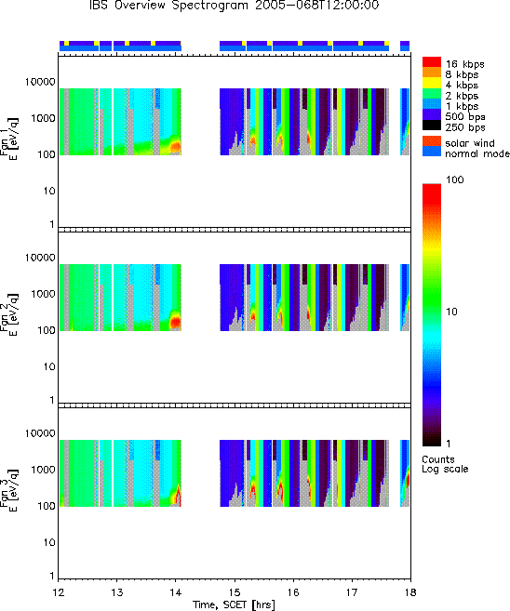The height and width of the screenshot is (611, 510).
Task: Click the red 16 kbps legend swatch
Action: pyautogui.click(x=432, y=62)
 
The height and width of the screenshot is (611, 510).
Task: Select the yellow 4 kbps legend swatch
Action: pyautogui.click(x=432, y=83)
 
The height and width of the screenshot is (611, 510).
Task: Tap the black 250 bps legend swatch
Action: pyautogui.click(x=432, y=126)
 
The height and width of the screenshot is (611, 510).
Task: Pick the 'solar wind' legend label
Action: pyautogui.click(x=470, y=143)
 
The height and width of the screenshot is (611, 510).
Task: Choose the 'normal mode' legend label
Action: pyautogui.click(x=477, y=153)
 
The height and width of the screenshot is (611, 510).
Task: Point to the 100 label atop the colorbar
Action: pyautogui.click(x=455, y=179)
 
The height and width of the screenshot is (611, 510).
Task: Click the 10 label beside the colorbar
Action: pyautogui.click(x=451, y=312)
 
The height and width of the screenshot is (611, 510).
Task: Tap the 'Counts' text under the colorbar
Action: pyautogui.click(x=438, y=459)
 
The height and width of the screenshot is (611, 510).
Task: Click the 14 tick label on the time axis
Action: pyautogui.click(x=176, y=592)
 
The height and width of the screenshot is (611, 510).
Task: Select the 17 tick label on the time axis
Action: pyautogui.click(x=352, y=592)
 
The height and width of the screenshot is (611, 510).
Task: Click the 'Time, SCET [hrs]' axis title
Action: pyautogui.click(x=234, y=604)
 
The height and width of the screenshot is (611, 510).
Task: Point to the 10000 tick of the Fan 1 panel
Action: pyautogui.click(x=40, y=82)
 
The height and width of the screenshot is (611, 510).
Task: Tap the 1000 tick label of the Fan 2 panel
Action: pyautogui.click(x=44, y=294)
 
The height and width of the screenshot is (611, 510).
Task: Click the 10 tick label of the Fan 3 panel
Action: pyautogui.click(x=49, y=543)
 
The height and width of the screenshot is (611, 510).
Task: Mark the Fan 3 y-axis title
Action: pyautogui.click(x=8, y=489)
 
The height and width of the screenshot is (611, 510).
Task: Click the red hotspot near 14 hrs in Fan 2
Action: pyautogui.click(x=176, y=322)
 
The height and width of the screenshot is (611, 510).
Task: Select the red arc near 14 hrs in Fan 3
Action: pyautogui.click(x=178, y=495)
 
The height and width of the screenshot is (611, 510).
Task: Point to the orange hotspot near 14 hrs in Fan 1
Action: pyautogui.click(x=176, y=146)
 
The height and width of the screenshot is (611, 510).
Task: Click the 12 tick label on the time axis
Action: pyautogui.click(x=58, y=592)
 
